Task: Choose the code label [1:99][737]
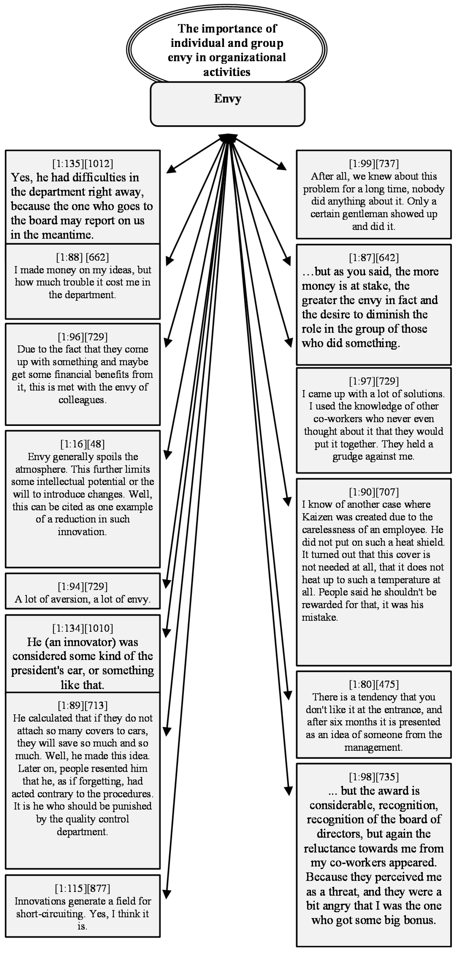click(374, 164)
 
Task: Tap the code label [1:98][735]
click(374, 777)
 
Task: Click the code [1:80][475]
click(374, 684)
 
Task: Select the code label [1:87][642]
click(374, 257)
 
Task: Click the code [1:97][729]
click(374, 381)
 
